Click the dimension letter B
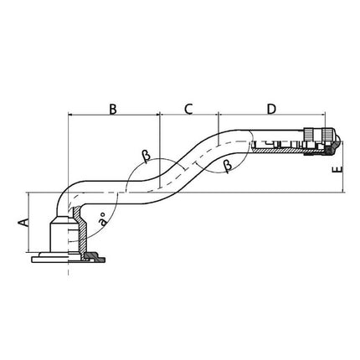tap(112, 108)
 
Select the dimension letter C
tap(188, 108)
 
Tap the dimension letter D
tap(272, 108)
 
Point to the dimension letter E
tap(335, 171)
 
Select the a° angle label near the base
tap(102, 222)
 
